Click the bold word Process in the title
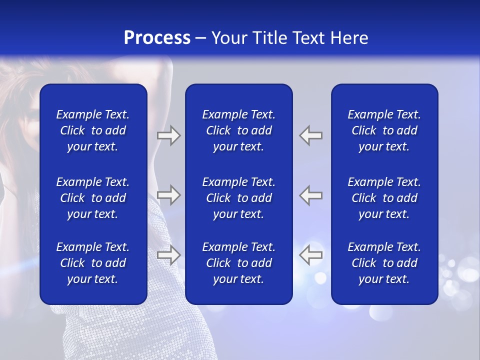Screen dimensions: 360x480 coord(157,38)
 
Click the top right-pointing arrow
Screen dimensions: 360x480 coord(168,135)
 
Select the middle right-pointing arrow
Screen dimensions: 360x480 coord(168,195)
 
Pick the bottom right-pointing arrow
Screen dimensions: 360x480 coord(168,255)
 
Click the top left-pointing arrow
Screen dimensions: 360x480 coord(311,135)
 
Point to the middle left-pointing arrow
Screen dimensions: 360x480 coord(311,195)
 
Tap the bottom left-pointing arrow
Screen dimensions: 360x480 coord(311,255)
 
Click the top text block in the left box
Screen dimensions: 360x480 coord(93,130)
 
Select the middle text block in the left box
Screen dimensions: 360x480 coord(93,198)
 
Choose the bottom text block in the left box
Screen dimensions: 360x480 coord(93,263)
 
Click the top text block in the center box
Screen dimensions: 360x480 coord(238,130)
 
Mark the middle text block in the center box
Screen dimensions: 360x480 coord(238,198)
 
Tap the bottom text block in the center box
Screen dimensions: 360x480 coord(238,263)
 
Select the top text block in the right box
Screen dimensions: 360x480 coord(384,130)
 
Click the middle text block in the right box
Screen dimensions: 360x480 coord(384,198)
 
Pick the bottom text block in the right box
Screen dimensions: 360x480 coord(384,263)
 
